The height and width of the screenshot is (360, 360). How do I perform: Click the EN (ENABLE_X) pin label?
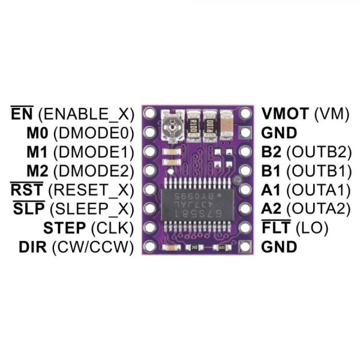72,113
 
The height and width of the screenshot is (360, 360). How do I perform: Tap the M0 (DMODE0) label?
80,133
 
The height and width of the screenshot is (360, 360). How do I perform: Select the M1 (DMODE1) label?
80,152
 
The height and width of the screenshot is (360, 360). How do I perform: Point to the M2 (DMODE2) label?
80,171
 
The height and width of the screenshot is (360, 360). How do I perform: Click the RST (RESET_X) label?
72,190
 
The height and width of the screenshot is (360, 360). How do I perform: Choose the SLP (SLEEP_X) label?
73,209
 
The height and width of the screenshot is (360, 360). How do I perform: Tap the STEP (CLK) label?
89,228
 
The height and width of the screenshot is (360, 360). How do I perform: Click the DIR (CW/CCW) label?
76,247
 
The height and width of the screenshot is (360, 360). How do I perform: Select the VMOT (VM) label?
305,114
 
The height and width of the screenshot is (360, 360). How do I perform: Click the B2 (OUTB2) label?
307,152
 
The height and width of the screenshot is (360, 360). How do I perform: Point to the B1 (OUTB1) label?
307,171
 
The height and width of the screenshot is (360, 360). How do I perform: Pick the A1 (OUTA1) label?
306,190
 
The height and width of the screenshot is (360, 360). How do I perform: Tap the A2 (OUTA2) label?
306,209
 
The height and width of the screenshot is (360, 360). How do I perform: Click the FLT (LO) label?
295,227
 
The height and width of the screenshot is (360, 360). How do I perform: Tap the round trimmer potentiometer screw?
172,127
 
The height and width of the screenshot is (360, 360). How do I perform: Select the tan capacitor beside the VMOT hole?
226,125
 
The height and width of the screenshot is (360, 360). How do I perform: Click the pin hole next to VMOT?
245,113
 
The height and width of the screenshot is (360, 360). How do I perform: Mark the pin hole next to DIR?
149,246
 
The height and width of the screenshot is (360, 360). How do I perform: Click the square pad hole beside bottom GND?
245,246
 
